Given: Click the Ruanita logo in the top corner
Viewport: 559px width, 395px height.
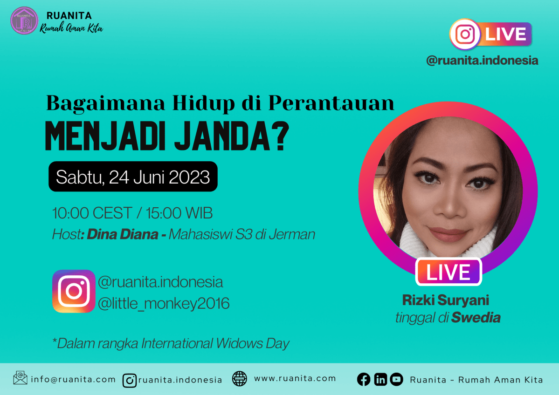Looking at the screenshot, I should (24, 20).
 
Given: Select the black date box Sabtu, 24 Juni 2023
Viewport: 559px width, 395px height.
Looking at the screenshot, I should (133, 177).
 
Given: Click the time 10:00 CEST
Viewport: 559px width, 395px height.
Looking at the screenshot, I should (92, 213).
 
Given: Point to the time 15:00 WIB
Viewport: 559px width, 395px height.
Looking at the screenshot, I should (179, 213).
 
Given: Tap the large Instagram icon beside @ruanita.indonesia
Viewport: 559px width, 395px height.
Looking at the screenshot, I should (74, 291).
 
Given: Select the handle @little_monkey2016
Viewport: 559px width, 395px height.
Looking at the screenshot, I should (164, 303).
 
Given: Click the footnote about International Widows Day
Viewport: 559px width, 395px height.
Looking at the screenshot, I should (171, 343).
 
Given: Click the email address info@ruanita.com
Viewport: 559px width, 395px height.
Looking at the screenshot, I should (73, 379).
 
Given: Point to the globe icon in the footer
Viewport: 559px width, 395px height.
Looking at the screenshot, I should (240, 379).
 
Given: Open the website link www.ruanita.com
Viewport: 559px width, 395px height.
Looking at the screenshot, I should (295, 378).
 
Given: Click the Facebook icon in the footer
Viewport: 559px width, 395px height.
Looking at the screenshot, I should (364, 380).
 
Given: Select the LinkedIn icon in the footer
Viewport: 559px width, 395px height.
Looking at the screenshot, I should (380, 380).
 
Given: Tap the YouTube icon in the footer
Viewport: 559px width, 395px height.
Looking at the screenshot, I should (396, 380).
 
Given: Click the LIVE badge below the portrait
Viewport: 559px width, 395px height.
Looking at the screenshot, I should (449, 272).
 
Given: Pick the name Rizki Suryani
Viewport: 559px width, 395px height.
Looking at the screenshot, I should (446, 300).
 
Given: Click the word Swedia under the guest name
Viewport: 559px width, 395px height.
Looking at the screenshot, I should (476, 318).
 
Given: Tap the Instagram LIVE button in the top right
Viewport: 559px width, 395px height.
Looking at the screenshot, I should (490, 34).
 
